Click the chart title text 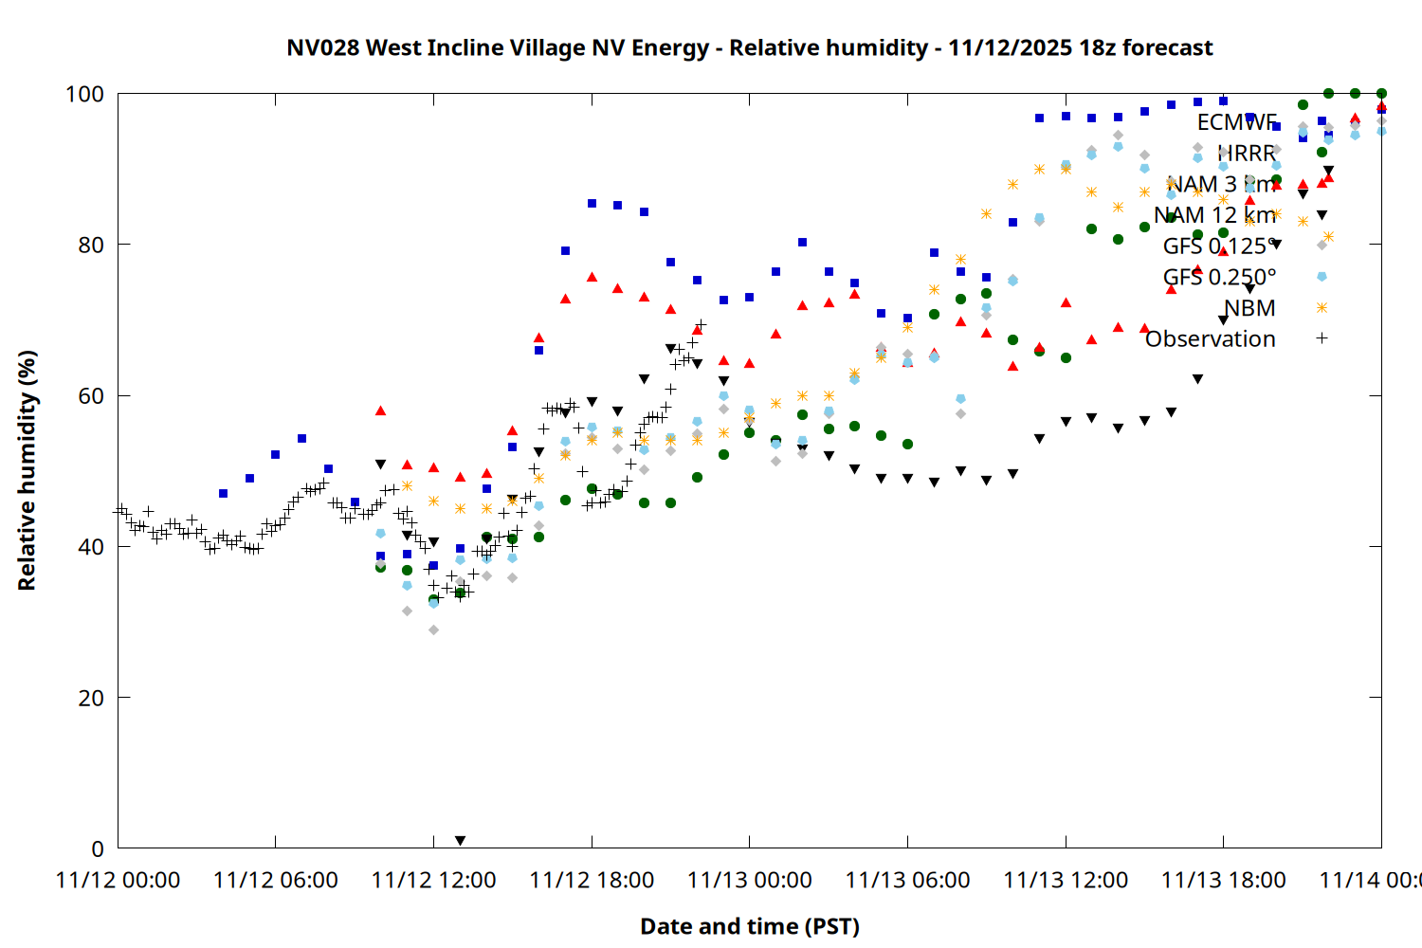tap(749, 47)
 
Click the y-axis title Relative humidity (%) tap(27, 470)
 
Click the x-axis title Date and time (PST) tap(749, 926)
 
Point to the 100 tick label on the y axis tap(84, 94)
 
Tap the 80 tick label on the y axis tap(91, 245)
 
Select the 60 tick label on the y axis tap(91, 395)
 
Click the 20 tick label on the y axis tap(91, 698)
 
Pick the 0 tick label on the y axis tap(98, 848)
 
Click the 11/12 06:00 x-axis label tap(275, 881)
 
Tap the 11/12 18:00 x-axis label tap(592, 881)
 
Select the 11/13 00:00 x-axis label tap(749, 881)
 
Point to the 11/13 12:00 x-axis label tap(1066, 881)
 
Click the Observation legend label tap(1210, 339)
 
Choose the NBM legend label tap(1249, 308)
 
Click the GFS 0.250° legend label tap(1219, 277)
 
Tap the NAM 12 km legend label tap(1214, 215)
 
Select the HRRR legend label tap(1247, 154)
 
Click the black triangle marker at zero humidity tap(460, 841)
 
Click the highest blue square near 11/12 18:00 tap(592, 203)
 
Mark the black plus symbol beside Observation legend tap(1322, 338)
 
